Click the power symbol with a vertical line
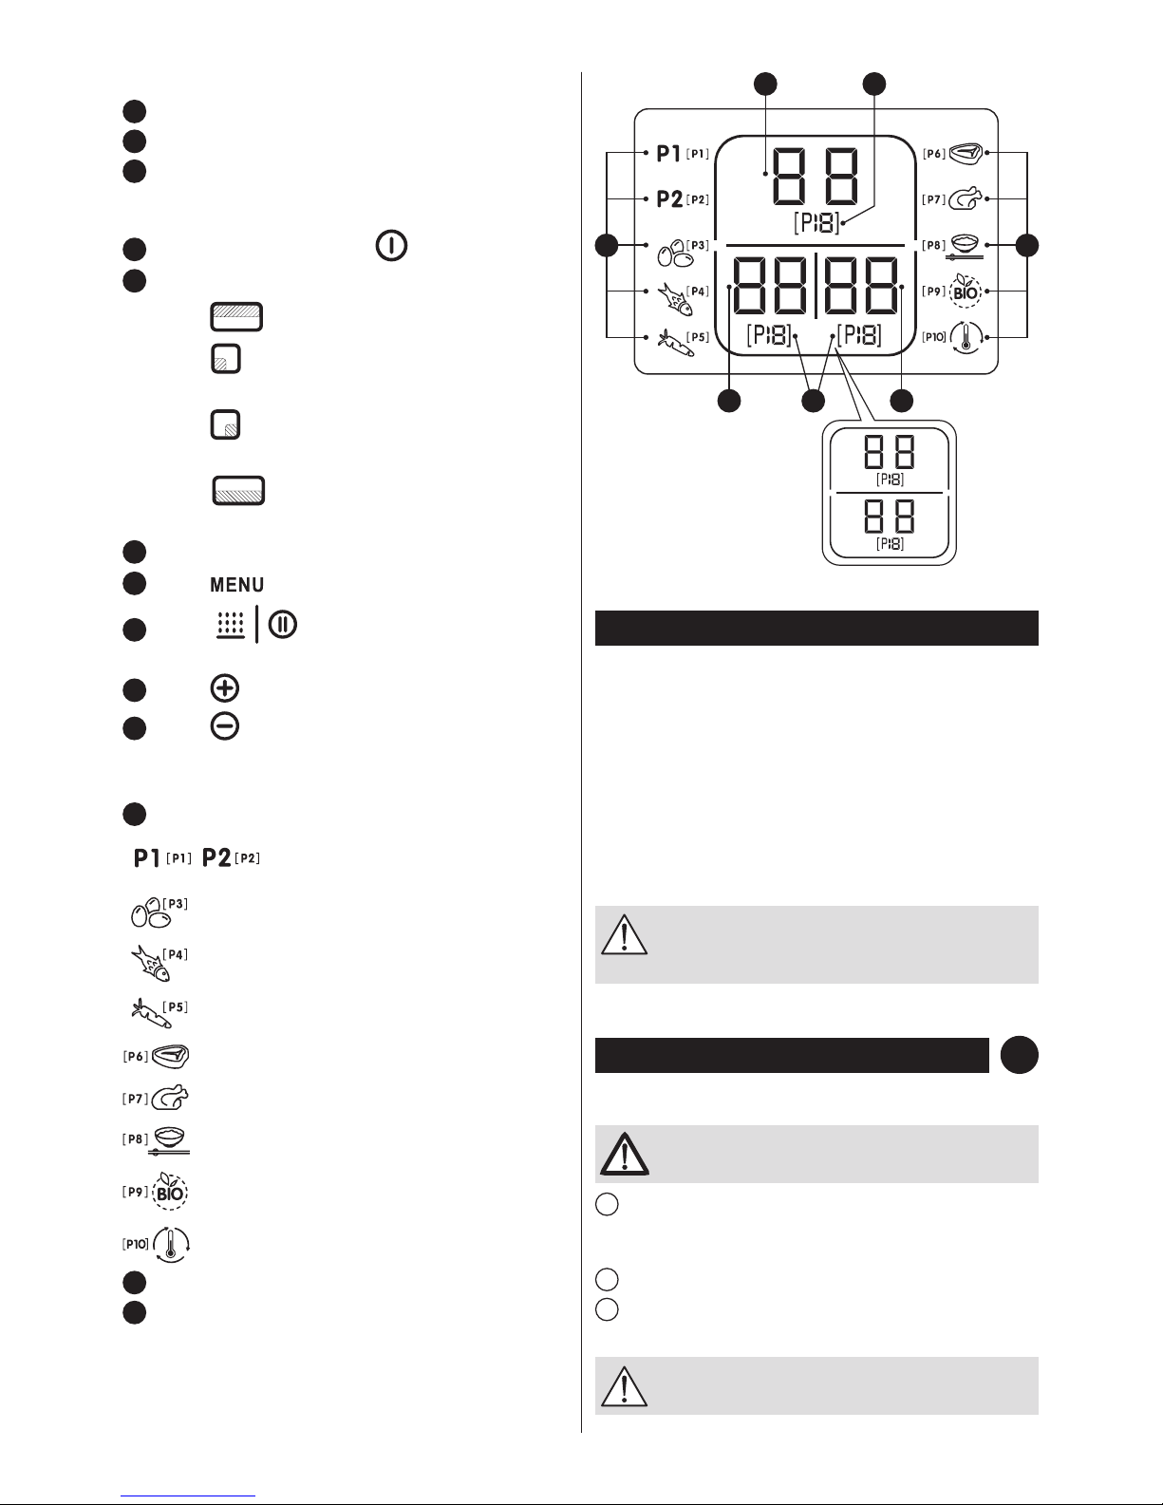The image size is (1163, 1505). click(391, 246)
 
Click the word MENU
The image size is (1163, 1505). click(236, 585)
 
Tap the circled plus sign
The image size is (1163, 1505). click(225, 687)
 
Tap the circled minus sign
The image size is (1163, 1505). click(225, 726)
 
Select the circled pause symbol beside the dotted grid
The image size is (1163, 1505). click(283, 624)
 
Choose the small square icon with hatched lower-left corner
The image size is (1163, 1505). click(226, 359)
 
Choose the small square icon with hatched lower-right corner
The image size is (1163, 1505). click(226, 424)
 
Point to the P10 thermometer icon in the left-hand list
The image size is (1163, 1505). click(171, 1244)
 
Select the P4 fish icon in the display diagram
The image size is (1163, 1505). click(675, 298)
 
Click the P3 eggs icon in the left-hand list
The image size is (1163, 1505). click(151, 913)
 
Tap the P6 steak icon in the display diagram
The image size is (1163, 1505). click(965, 153)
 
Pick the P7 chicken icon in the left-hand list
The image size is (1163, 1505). click(170, 1098)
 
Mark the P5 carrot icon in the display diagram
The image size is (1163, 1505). click(675, 343)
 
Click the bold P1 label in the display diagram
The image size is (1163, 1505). click(668, 153)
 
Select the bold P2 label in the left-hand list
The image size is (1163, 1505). click(216, 858)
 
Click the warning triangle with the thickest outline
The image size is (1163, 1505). click(625, 1154)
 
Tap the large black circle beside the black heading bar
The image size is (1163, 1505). click(1019, 1055)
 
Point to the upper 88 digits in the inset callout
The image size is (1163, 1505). click(890, 452)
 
